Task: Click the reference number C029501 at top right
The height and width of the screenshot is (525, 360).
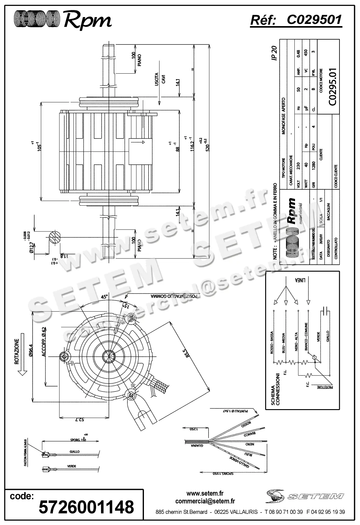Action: click(314, 20)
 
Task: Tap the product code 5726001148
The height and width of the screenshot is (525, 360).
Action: click(86, 507)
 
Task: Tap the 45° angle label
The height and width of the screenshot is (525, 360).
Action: click(104, 297)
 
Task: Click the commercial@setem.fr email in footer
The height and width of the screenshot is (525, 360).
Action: click(205, 501)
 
